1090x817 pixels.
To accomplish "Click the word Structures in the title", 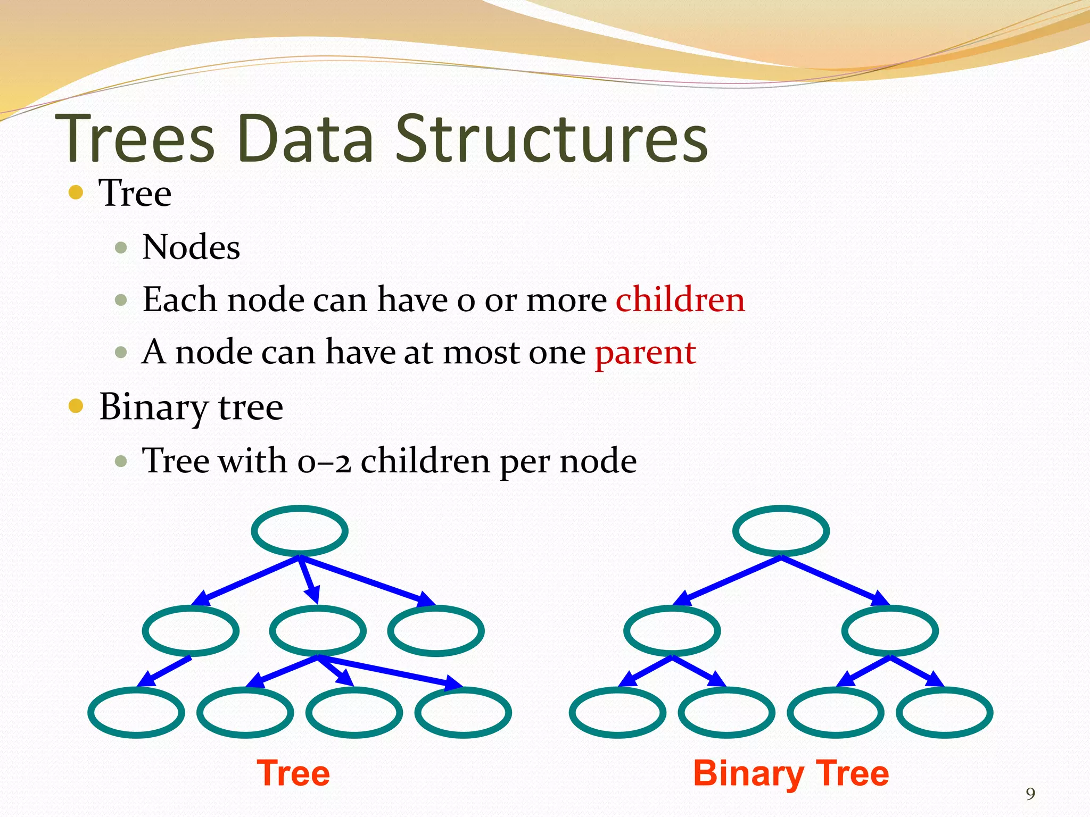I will coord(551,139).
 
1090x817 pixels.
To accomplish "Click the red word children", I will coord(680,299).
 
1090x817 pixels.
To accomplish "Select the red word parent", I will coord(645,352).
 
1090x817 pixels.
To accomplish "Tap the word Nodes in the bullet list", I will coord(191,247).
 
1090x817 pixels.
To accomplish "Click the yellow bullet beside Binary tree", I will coord(76,406).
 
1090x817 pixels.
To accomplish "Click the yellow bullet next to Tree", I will coord(76,192).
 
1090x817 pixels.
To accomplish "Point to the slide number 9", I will coord(1030,794).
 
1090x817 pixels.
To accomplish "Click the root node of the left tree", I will coord(300,531).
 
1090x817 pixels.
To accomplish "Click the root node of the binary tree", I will coord(781,531).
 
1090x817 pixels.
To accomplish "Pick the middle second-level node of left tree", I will coord(318,631).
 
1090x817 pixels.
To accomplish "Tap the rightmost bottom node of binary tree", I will coord(944,712).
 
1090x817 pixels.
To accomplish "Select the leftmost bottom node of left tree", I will coord(136,712).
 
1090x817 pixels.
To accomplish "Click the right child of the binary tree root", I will coord(889,631).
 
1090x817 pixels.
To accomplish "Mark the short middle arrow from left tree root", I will coord(309,580).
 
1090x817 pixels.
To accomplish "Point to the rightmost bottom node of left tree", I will coord(463,712).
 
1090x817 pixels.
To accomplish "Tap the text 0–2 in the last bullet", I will coord(324,461).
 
